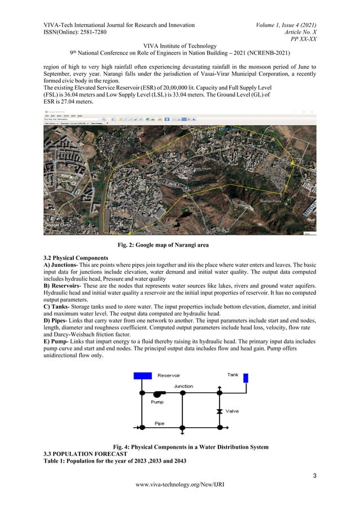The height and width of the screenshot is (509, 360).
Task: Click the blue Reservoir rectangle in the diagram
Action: pyautogui.click(x=141, y=376)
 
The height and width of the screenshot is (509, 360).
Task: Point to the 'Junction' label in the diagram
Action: pyautogui.click(x=183, y=386)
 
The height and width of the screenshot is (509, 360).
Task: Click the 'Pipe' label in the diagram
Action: pyautogui.click(x=160, y=423)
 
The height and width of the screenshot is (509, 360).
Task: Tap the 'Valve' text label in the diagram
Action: pyautogui.click(x=232, y=411)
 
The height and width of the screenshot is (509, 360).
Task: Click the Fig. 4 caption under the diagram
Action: pyautogui.click(x=179, y=447)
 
